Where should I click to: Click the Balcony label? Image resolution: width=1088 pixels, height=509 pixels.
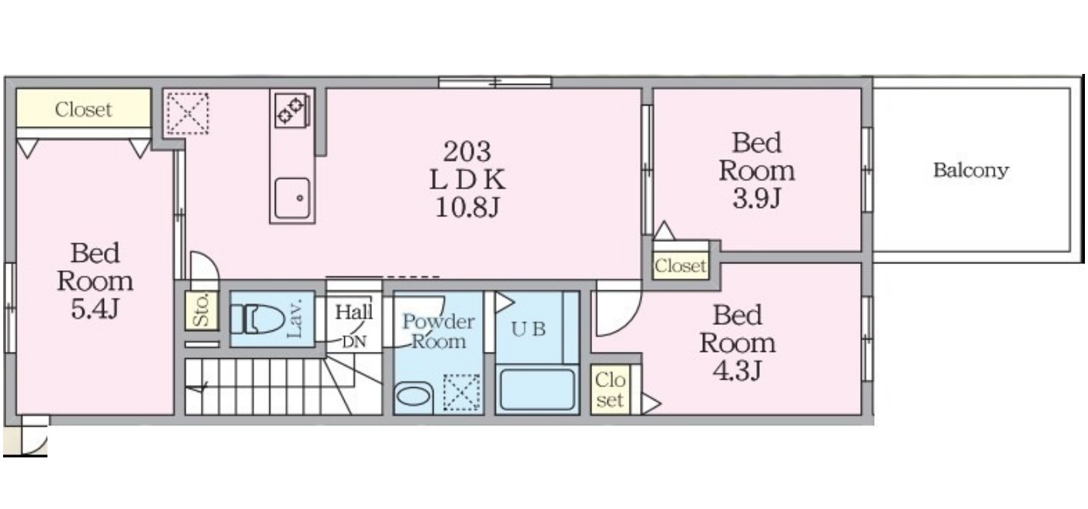(x=971, y=170)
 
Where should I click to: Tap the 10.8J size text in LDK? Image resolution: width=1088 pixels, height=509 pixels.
(x=467, y=208)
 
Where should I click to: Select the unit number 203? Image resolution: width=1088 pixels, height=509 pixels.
(x=467, y=152)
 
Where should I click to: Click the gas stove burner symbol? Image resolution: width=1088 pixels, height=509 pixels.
(x=291, y=111)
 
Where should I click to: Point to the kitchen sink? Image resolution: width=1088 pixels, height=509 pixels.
(x=292, y=198)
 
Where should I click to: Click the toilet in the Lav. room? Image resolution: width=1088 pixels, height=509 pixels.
(x=257, y=319)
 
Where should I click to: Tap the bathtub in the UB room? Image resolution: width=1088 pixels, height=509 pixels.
(x=537, y=390)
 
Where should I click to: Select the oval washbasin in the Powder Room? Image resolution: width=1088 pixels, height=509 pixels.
(x=413, y=397)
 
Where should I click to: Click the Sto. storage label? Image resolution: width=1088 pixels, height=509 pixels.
(x=201, y=310)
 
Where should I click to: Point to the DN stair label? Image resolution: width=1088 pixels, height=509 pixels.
(x=354, y=342)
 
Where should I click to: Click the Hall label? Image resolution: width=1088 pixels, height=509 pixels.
(x=354, y=312)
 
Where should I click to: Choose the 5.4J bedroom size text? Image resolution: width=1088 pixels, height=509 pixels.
(x=95, y=309)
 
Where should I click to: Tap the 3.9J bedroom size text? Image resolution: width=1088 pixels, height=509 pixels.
(x=757, y=198)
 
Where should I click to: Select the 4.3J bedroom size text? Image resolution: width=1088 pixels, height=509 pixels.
(x=737, y=371)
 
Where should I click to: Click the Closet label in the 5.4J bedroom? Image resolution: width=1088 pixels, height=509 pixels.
(x=83, y=109)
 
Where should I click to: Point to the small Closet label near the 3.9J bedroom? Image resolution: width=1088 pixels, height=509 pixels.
(x=680, y=266)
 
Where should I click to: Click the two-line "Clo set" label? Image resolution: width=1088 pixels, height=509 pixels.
(x=610, y=390)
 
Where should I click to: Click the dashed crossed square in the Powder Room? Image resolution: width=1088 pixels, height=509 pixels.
(x=461, y=393)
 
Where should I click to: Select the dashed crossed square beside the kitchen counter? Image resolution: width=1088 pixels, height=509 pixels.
(x=187, y=114)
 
